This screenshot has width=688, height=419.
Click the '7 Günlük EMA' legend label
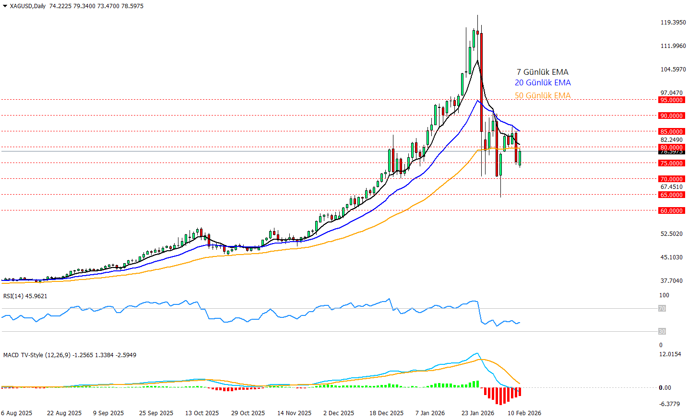click(x=542, y=72)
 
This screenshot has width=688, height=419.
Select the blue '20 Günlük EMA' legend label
click(x=543, y=83)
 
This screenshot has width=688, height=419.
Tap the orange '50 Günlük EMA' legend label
click(x=543, y=95)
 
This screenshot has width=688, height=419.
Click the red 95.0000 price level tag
click(x=671, y=100)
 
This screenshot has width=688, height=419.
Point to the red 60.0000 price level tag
click(x=671, y=210)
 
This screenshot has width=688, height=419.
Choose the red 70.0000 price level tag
click(x=671, y=179)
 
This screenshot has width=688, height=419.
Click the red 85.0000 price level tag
click(x=671, y=131)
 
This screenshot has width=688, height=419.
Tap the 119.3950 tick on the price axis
click(x=673, y=23)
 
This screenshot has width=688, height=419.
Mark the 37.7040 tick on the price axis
click(x=671, y=281)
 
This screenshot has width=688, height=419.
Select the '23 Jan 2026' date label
click(x=477, y=413)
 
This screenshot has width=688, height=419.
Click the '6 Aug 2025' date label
click(x=17, y=413)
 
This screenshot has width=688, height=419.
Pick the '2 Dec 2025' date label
click(x=339, y=413)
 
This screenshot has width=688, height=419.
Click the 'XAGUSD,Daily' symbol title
click(x=27, y=6)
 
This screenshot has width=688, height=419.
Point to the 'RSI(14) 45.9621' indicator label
click(x=25, y=296)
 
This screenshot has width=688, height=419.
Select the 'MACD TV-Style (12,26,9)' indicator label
click(x=37, y=355)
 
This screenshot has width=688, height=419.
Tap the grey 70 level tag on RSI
click(x=662, y=309)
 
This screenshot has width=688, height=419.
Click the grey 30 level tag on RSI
click(x=662, y=331)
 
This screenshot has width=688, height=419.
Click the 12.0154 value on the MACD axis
click(x=670, y=354)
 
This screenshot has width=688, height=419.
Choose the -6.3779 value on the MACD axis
click(x=669, y=404)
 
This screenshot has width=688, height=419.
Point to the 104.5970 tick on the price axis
click(x=673, y=70)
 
